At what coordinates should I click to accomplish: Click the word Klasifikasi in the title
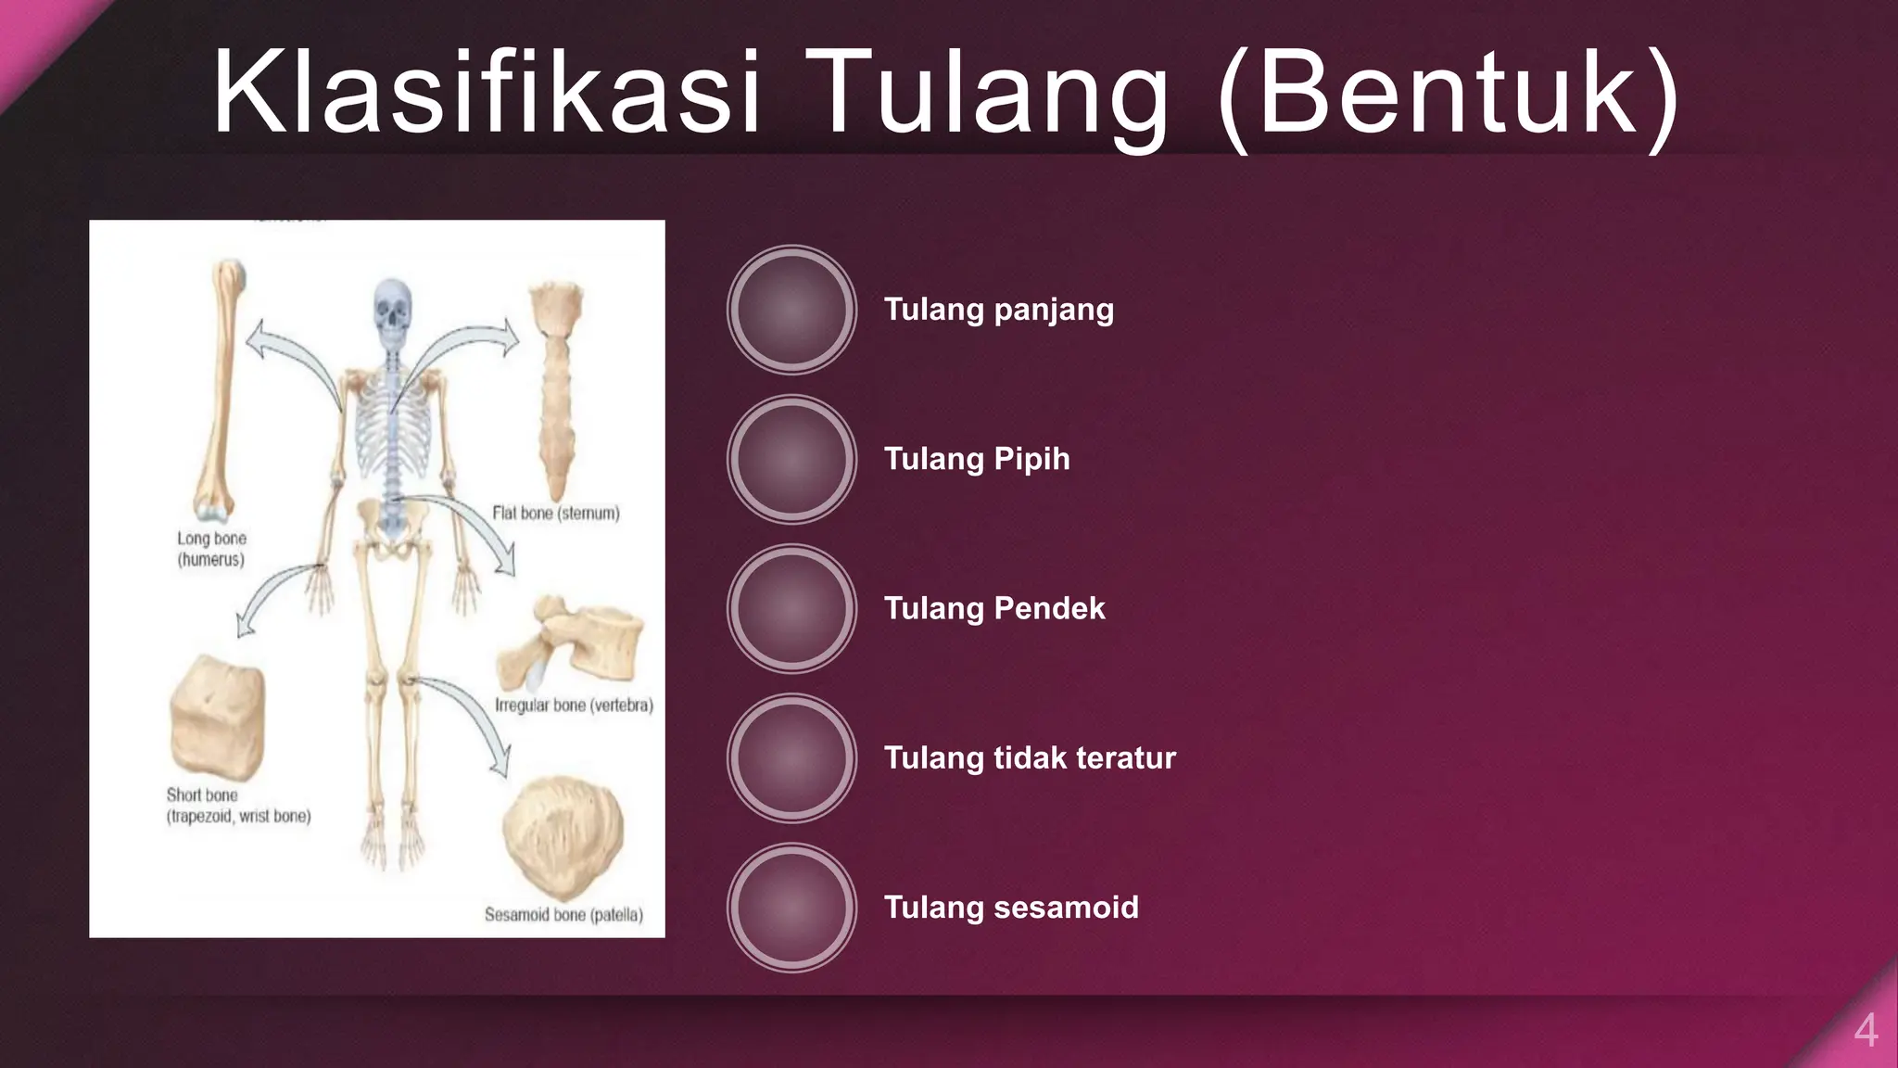pyautogui.click(x=487, y=93)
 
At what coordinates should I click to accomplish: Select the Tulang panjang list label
pyautogui.click(x=998, y=310)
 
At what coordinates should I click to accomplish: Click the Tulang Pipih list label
pyautogui.click(x=977, y=459)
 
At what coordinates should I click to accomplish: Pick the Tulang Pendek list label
pyautogui.click(x=994, y=608)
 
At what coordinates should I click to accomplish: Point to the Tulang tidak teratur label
pyautogui.click(x=1030, y=757)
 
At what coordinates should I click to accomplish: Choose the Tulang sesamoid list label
pyautogui.click(x=1011, y=907)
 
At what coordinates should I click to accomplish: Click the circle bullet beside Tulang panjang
pyautogui.click(x=791, y=310)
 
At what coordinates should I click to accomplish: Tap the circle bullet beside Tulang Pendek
pyautogui.click(x=791, y=608)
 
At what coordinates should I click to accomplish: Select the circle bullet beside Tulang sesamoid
pyautogui.click(x=791, y=907)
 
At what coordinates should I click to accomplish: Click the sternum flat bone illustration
pyautogui.click(x=556, y=389)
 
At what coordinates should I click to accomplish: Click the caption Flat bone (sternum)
pyautogui.click(x=556, y=513)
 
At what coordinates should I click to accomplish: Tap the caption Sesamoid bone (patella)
pyautogui.click(x=563, y=915)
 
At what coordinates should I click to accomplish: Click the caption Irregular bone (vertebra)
pyautogui.click(x=574, y=706)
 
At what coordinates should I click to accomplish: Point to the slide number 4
pyautogui.click(x=1866, y=1030)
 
